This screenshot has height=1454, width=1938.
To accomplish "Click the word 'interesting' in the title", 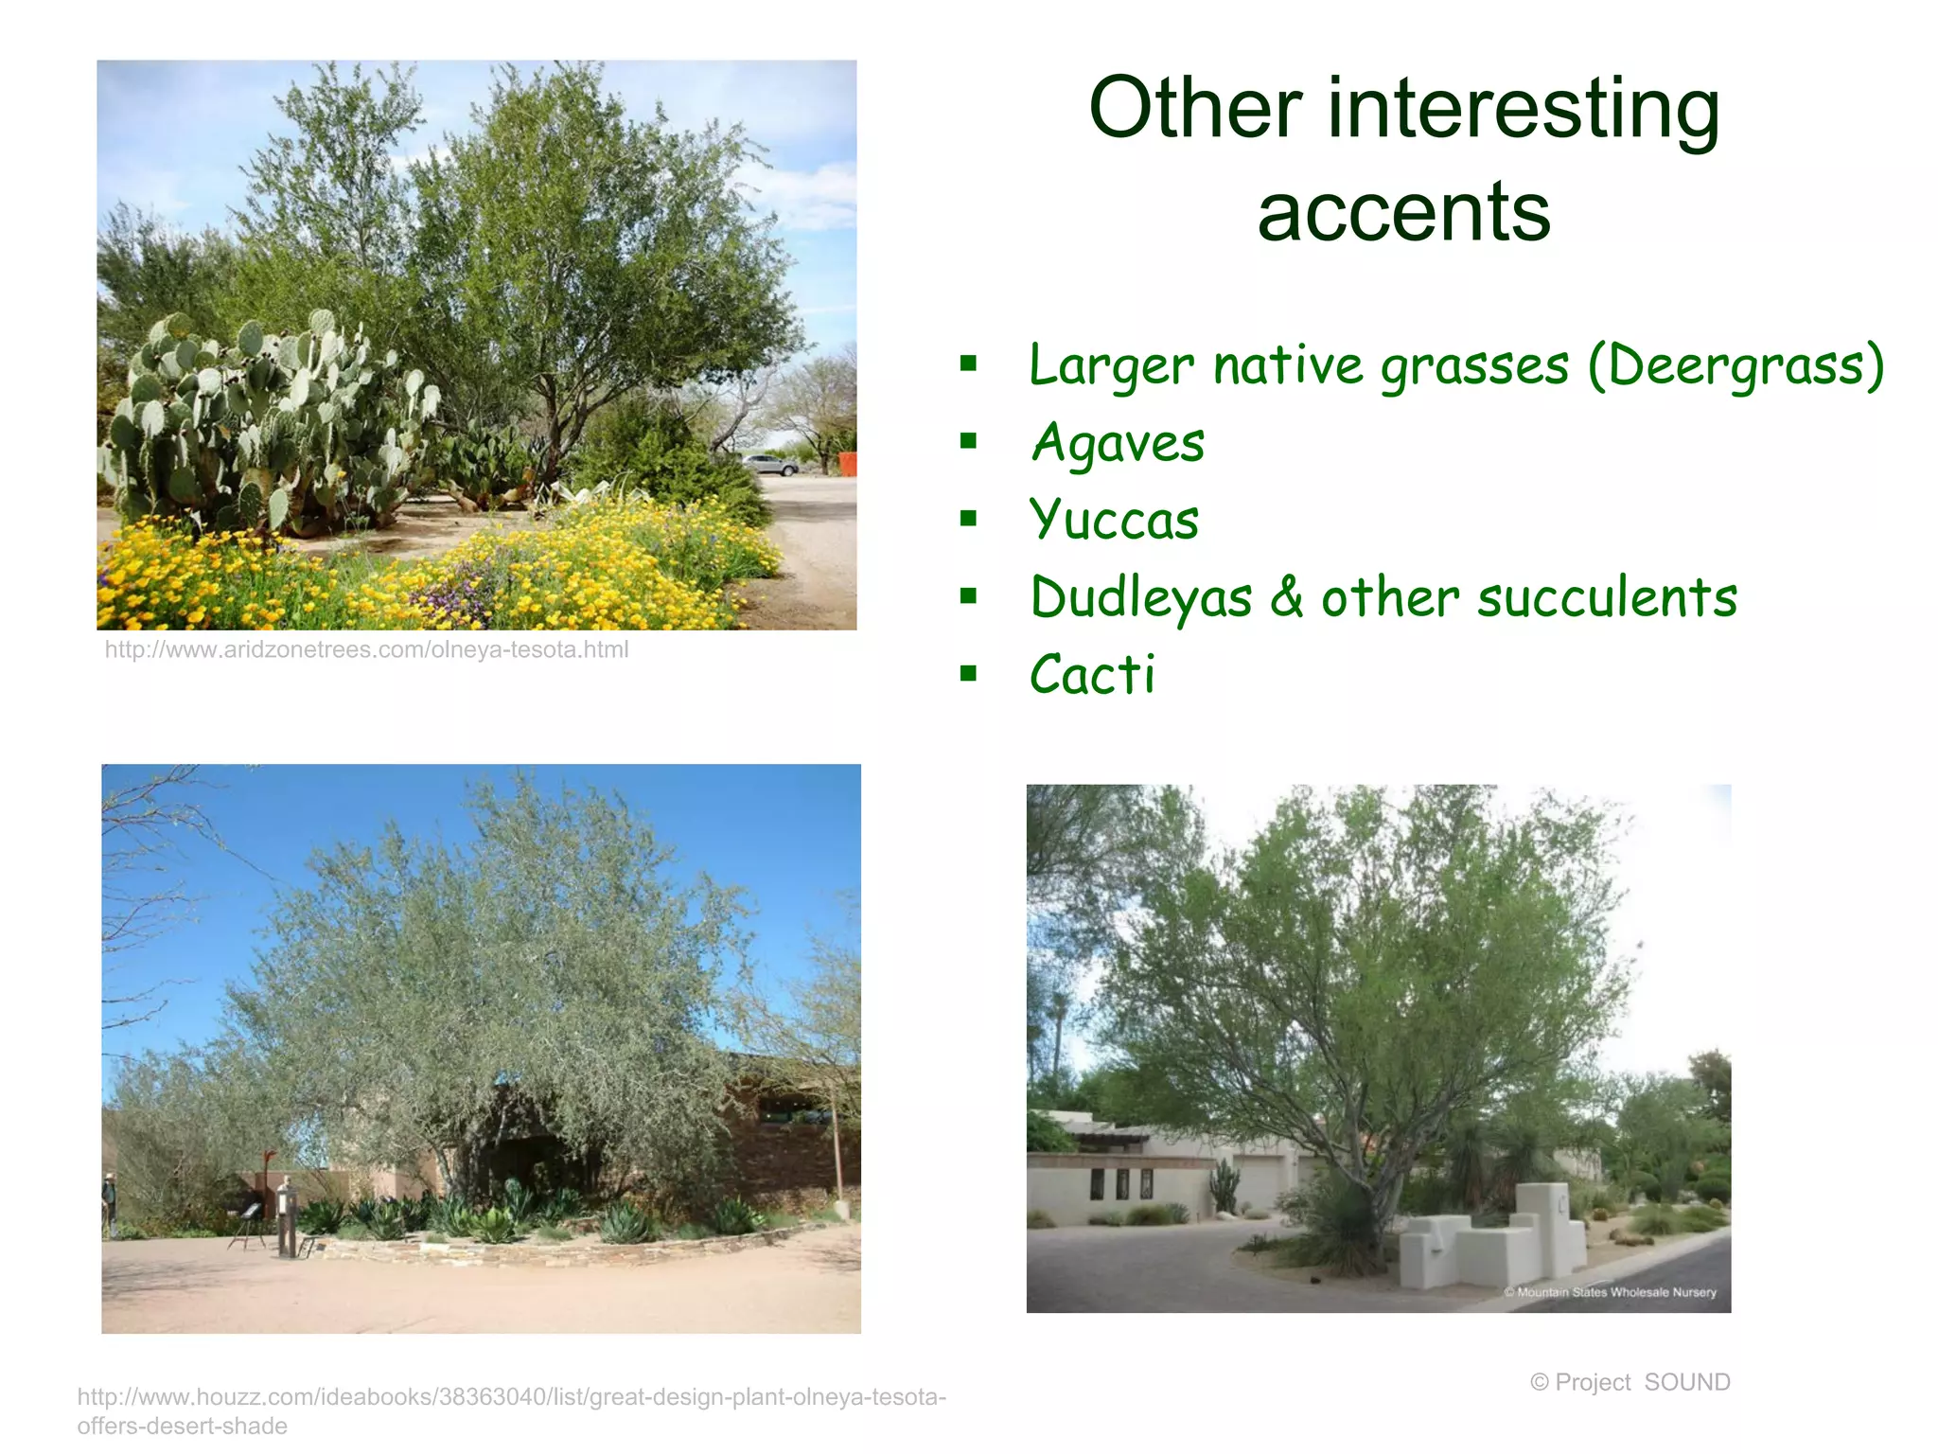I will (1524, 110).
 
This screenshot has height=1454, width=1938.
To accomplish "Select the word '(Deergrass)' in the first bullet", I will (1736, 365).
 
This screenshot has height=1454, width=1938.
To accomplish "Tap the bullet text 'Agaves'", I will (1118, 443).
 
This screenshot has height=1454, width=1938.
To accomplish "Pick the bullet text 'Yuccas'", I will (1115, 521).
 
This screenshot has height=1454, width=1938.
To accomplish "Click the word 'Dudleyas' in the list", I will (1141, 598).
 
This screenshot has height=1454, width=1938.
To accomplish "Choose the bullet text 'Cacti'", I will (1092, 675).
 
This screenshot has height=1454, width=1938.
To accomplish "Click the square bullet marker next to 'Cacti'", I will (968, 674).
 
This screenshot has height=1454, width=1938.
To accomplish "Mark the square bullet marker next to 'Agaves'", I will (968, 441).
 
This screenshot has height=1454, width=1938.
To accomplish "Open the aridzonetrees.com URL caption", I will (366, 650).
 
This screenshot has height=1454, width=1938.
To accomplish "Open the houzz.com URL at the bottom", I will (511, 1410).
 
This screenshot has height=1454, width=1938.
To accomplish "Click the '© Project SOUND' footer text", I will (1630, 1382).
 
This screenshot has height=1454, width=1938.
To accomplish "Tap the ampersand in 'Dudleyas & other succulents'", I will (1286, 598).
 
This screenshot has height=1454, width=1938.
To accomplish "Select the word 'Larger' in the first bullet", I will (1111, 365).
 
